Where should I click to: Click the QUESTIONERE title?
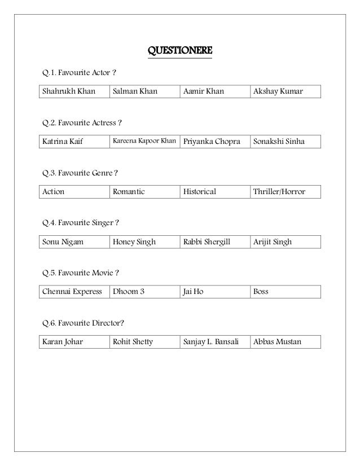(x=179, y=52)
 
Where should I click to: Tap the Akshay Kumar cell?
(x=278, y=91)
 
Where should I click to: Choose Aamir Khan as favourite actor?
(x=203, y=91)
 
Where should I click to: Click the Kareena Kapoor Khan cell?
(x=144, y=141)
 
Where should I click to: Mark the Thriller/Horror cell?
(x=279, y=192)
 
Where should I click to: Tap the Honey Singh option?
(x=134, y=242)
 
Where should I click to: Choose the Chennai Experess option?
(x=72, y=292)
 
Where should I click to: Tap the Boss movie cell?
(x=261, y=292)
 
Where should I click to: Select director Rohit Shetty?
(x=133, y=342)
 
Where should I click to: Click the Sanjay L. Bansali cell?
(x=211, y=342)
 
